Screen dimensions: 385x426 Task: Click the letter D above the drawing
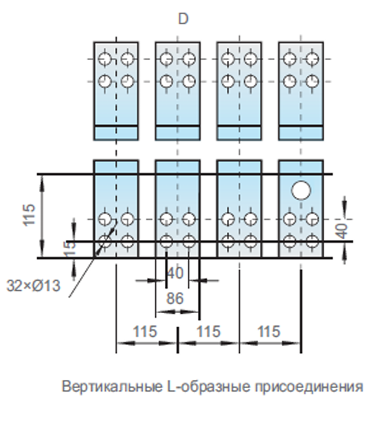click(x=183, y=19)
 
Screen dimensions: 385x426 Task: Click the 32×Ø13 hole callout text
click(x=33, y=285)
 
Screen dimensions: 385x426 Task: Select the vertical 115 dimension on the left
click(x=29, y=214)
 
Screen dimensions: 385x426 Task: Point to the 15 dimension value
click(x=70, y=249)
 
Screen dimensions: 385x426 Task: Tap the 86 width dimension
click(x=175, y=298)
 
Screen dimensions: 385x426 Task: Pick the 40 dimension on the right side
click(x=343, y=231)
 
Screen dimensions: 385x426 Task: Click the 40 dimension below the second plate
click(x=176, y=273)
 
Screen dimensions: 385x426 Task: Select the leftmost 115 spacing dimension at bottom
click(x=145, y=331)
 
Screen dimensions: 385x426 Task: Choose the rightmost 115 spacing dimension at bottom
click(x=269, y=331)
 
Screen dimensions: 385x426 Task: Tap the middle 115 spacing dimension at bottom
click(x=208, y=331)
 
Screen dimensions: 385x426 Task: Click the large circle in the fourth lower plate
click(x=301, y=190)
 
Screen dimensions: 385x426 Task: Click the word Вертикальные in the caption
click(x=112, y=387)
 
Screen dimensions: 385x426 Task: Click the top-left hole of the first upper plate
click(x=105, y=59)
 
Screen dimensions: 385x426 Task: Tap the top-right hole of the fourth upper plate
click(x=312, y=59)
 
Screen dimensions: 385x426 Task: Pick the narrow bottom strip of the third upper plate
click(x=239, y=133)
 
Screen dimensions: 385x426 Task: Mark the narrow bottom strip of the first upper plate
click(x=116, y=133)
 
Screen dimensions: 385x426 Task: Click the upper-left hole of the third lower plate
click(x=228, y=219)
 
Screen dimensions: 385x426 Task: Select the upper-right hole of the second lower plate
click(x=189, y=219)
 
